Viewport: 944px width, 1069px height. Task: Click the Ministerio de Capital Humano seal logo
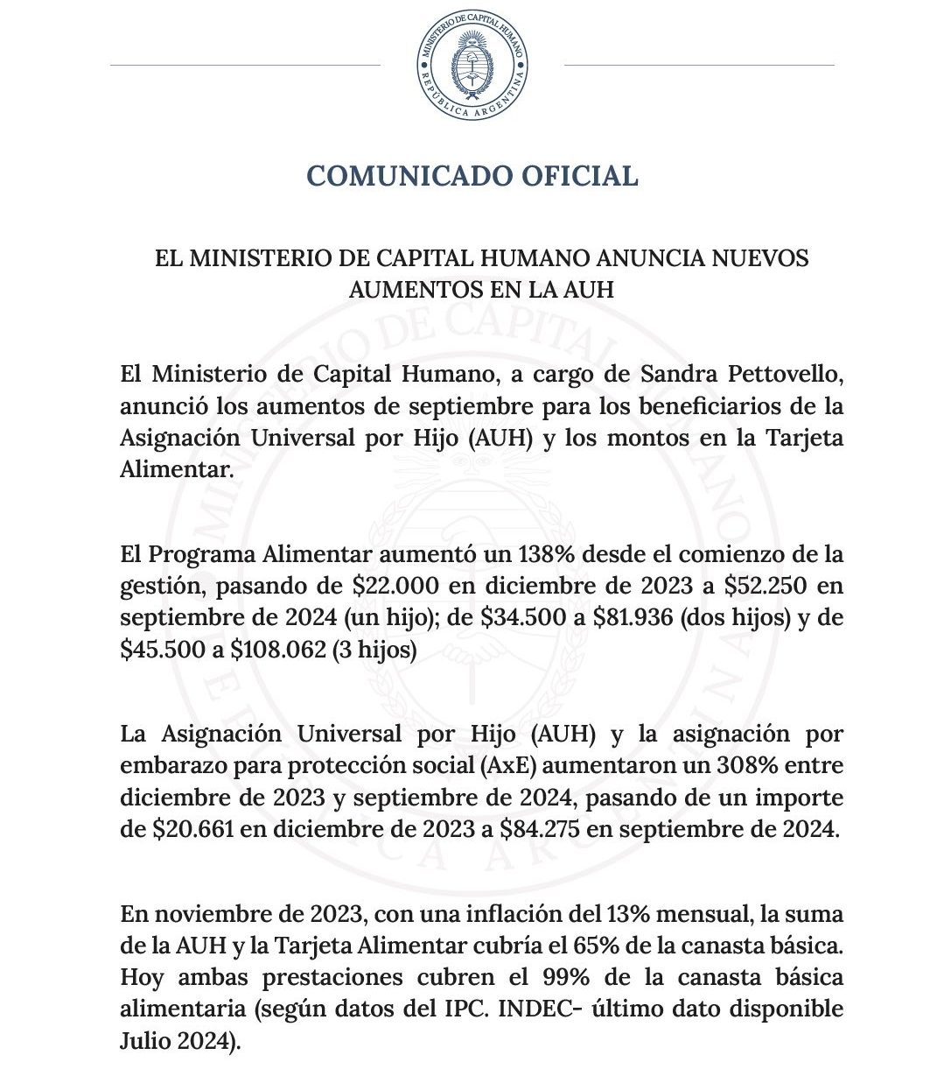pyautogui.click(x=472, y=66)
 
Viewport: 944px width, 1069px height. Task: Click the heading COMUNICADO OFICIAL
pyautogui.click(x=472, y=175)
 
